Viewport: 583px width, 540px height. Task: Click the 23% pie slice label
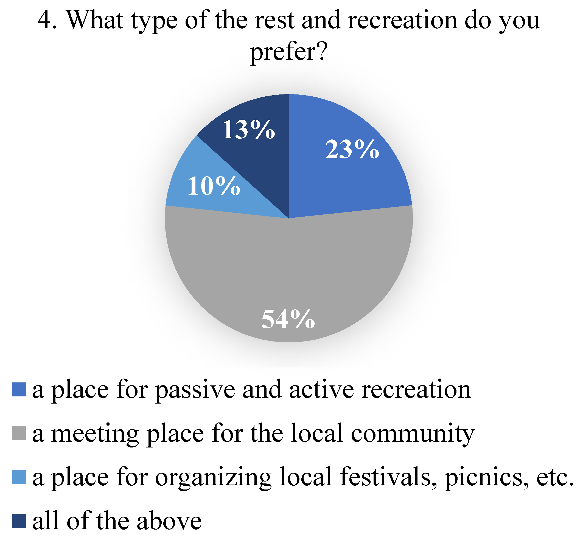[352, 150]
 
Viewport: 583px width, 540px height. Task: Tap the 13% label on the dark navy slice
[249, 130]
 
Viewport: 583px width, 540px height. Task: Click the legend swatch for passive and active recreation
[19, 390]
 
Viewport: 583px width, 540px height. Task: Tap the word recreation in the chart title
[403, 21]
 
